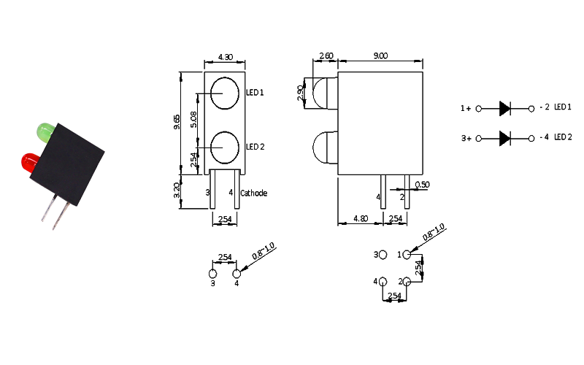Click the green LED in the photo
45,132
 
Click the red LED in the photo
30,162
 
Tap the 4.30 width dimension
226,57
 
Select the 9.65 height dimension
177,122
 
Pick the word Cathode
253,193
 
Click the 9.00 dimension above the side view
380,56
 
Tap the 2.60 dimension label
326,56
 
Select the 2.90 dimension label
300,93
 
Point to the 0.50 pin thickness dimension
422,185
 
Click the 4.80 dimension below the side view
361,218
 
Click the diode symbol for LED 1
505,108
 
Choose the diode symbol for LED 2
505,138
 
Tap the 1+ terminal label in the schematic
466,108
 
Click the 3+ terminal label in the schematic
466,139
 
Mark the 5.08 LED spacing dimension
193,119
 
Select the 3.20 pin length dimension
177,190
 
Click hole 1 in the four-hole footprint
407,255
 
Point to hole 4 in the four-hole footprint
383,282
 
